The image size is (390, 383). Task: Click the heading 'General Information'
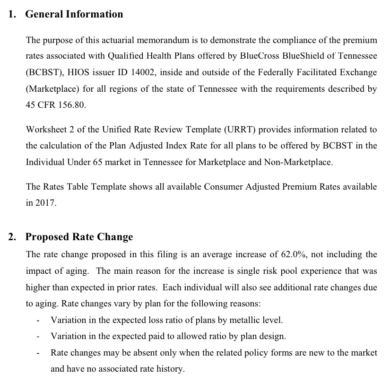coord(74,14)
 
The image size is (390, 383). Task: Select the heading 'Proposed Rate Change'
coord(79,237)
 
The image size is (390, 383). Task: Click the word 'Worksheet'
coord(44,130)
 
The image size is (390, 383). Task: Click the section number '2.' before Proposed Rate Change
coord(13,237)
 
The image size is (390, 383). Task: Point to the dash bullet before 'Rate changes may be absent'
coord(37,353)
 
